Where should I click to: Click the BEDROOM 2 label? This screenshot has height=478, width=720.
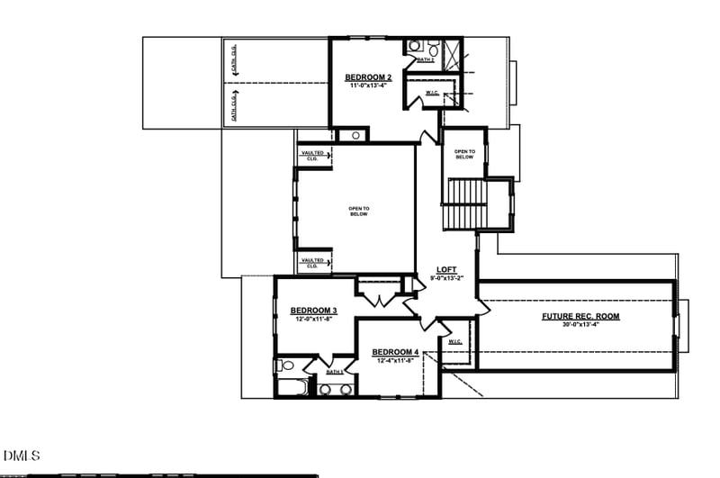tap(368, 77)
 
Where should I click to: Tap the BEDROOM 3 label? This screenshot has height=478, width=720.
tap(313, 311)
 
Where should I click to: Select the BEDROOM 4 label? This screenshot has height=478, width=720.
tap(395, 351)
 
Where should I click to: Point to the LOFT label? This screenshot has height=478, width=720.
tap(446, 270)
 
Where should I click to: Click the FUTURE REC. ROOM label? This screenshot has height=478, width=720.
tap(580, 316)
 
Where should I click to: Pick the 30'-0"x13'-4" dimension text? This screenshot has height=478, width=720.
tap(580, 325)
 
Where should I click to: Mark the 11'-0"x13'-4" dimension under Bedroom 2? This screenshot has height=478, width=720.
tap(368, 86)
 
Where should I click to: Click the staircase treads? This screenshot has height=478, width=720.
tap(465, 204)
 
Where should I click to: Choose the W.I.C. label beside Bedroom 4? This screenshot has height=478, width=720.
tap(454, 342)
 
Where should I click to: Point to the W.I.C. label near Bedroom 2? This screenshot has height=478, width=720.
tap(432, 93)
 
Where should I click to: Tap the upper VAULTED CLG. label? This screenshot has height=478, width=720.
tap(312, 156)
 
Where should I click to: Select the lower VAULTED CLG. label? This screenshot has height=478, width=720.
tap(312, 263)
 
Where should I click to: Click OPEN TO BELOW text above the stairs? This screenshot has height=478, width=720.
tap(463, 154)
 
